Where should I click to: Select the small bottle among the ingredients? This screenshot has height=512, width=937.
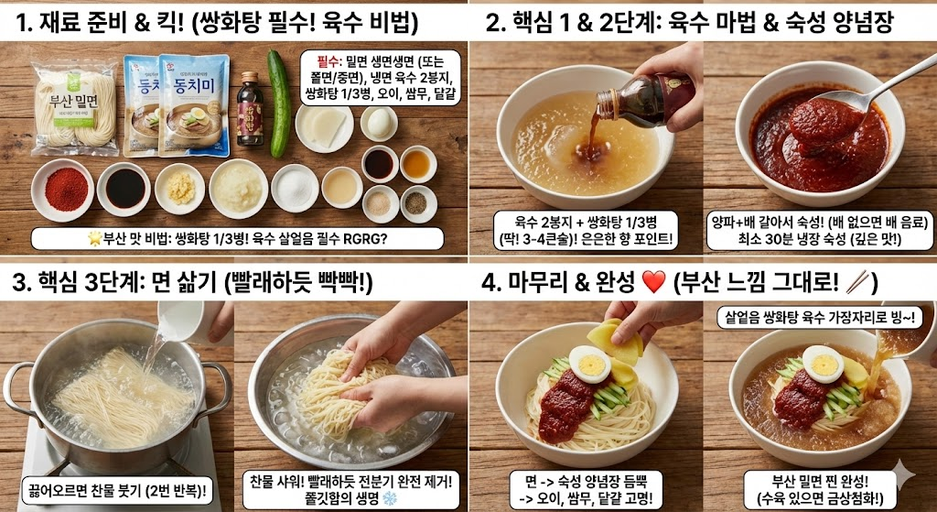(249, 110)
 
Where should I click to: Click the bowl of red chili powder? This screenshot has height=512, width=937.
(63, 188)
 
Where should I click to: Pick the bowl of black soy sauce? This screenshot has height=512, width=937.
(124, 188)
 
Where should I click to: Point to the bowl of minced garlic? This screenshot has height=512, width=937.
(179, 187)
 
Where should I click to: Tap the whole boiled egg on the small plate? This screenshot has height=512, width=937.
(378, 123)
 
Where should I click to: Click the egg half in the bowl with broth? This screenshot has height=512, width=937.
(824, 365)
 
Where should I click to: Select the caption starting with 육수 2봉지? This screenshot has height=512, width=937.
(584, 230)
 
